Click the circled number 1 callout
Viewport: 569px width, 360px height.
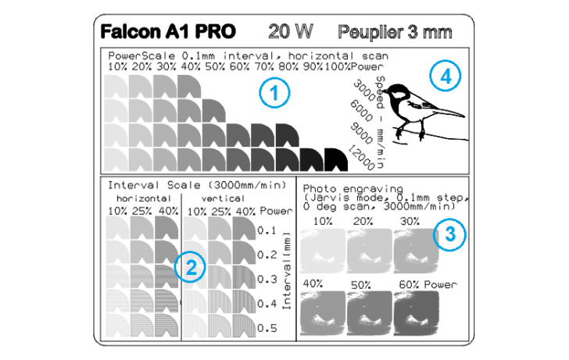274,92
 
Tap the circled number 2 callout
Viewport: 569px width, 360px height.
190,267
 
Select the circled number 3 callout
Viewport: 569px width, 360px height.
450,234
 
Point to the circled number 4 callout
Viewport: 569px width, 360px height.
446,76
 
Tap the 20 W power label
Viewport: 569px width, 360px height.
290,31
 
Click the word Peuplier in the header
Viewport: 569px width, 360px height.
370,32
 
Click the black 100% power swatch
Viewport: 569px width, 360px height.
336,159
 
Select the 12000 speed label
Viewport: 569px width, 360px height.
361,157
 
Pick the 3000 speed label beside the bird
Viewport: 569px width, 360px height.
364,91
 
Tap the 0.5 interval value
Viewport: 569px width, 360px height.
267,328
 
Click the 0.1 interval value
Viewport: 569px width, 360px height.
267,230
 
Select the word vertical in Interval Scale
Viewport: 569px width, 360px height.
224,198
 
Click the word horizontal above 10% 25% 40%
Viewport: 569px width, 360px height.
144,198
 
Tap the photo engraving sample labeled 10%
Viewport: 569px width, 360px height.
323,250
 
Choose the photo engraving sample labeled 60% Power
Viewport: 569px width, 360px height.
417,313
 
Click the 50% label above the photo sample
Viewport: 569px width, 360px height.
361,285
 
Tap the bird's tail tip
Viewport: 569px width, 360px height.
464,116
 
